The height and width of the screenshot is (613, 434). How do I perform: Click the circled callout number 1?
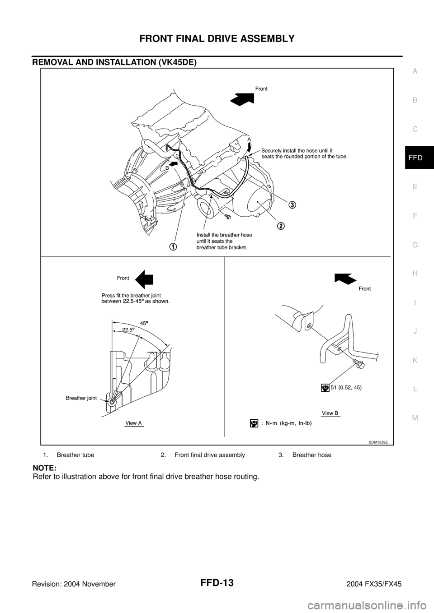click(173, 246)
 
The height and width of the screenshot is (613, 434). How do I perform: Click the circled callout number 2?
click(281, 226)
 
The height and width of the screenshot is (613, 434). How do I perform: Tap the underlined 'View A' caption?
click(134, 423)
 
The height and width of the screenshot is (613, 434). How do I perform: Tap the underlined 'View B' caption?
click(331, 413)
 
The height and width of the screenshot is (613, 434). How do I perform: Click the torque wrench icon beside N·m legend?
click(255, 423)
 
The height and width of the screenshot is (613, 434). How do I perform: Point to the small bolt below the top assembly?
click(227, 218)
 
